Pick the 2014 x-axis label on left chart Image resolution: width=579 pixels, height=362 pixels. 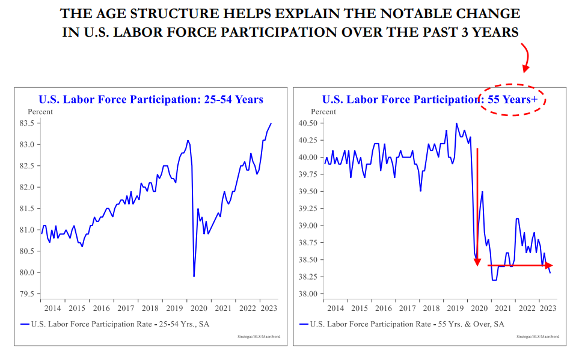pyautogui.click(x=52, y=308)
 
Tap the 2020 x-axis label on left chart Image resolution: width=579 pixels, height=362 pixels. pyautogui.click(x=198, y=308)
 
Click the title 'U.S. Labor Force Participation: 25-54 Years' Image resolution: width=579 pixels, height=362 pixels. pyautogui.click(x=151, y=99)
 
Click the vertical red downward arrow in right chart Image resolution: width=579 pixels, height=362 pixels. pyautogui.click(x=477, y=204)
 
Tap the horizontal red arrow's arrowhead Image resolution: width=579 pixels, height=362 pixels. pyautogui.click(x=548, y=265)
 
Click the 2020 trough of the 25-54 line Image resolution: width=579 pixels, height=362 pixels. pyautogui.click(x=194, y=276)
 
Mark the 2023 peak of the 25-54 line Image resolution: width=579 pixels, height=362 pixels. pyautogui.click(x=271, y=124)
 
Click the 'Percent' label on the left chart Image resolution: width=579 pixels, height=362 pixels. pyautogui.click(x=40, y=111)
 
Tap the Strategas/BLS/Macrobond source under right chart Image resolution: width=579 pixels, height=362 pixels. pyautogui.click(x=538, y=337)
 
